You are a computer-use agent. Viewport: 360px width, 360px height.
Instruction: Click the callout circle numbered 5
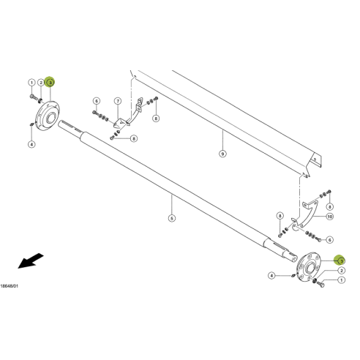(171, 218)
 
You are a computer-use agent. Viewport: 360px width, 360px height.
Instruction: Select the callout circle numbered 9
(223, 154)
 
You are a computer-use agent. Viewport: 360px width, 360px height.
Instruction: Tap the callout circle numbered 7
(117, 100)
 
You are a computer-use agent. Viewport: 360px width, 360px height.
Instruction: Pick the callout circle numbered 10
(329, 217)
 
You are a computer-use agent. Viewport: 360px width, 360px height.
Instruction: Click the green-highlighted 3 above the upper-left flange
(50, 83)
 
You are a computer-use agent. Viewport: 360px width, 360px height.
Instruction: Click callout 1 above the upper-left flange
(31, 83)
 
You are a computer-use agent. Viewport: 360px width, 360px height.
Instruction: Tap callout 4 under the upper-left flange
(31, 145)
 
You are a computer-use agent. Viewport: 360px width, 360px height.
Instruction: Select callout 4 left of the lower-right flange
(271, 276)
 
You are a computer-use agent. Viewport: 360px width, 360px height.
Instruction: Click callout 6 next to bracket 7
(96, 100)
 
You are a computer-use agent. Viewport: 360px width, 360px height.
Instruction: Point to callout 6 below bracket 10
(329, 239)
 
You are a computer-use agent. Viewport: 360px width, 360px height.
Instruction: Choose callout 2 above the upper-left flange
(41, 83)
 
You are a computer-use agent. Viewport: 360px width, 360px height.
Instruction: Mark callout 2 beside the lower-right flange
(341, 271)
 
